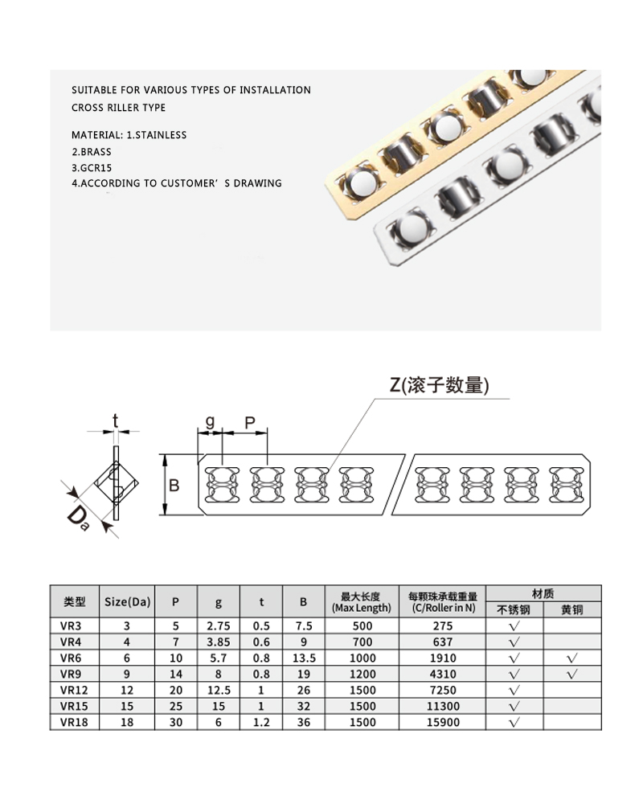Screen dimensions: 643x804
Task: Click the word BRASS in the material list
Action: pos(96,151)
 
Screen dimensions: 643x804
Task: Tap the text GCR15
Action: pos(96,167)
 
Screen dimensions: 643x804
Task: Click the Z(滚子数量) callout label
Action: pos(439,385)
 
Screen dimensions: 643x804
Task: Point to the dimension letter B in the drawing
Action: pos(173,485)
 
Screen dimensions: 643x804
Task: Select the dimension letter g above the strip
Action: pos(209,420)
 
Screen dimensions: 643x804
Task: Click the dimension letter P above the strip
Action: pos(249,421)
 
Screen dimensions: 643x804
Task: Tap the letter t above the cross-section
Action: pos(116,419)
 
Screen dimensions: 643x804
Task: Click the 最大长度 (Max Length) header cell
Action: pos(361,601)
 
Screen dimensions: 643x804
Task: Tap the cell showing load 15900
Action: pos(443,722)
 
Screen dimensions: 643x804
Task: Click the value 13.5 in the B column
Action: pos(303,658)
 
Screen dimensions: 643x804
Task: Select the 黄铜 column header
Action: pos(571,609)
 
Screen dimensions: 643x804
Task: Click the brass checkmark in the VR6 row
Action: pos(571,658)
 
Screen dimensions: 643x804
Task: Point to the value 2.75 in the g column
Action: pos(219,626)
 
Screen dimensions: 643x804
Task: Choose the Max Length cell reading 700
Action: pos(362,642)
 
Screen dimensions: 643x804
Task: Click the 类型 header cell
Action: pos(74,601)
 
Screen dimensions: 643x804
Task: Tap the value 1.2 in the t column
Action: pos(262,722)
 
